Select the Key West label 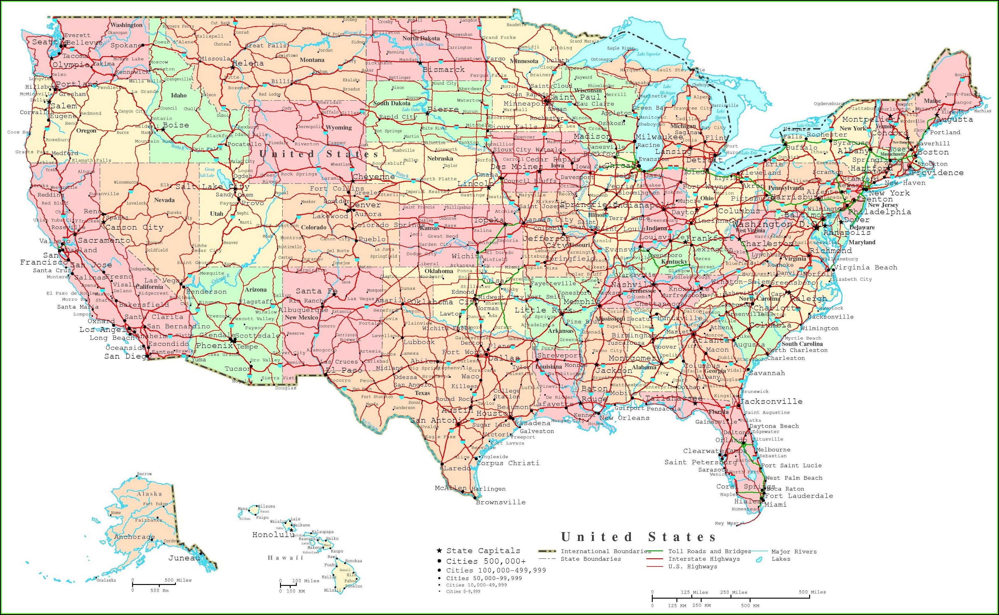[726, 523]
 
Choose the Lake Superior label [649, 54]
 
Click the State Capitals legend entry [483, 551]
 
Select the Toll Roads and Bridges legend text [710, 551]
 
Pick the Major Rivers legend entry [794, 552]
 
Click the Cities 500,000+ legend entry [481, 561]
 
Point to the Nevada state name [164, 200]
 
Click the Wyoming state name [338, 127]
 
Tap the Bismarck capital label [443, 69]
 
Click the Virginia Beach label [865, 267]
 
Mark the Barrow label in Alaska [144, 474]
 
